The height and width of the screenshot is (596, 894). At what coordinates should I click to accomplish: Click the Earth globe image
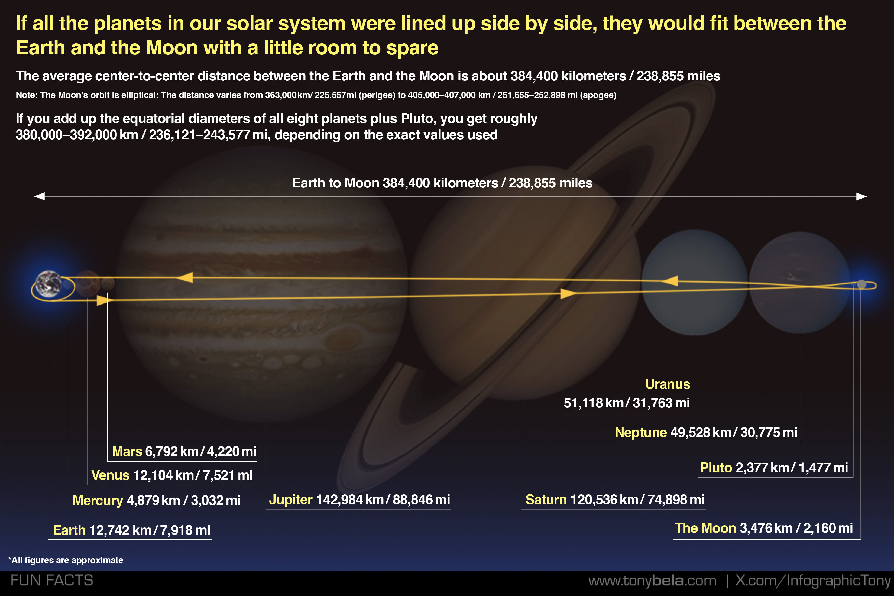[49, 284]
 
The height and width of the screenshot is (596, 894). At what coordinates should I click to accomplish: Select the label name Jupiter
[291, 500]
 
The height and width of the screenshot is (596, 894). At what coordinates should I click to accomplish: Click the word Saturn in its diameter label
[546, 500]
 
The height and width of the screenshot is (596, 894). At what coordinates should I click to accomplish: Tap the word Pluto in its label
[716, 468]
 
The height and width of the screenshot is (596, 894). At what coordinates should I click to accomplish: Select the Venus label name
[110, 475]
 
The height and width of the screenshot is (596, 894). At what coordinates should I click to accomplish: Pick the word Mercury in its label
[98, 501]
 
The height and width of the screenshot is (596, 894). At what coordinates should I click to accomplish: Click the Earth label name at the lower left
[69, 530]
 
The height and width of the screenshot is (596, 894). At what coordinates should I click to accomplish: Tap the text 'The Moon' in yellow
[705, 528]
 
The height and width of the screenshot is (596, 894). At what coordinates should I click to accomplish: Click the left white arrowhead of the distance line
[40, 196]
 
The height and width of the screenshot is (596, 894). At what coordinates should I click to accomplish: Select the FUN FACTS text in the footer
[52, 580]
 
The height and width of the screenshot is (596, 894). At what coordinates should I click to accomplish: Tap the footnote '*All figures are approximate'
[66, 560]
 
